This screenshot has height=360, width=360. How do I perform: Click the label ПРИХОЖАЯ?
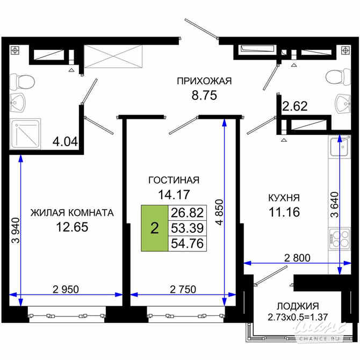204,81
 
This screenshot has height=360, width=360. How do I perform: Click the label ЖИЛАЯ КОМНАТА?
72,212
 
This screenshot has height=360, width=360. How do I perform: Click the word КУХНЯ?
284,197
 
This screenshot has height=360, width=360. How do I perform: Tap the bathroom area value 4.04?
65,142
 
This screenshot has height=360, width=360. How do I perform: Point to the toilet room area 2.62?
295,106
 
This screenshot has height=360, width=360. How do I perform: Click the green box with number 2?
155,228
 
